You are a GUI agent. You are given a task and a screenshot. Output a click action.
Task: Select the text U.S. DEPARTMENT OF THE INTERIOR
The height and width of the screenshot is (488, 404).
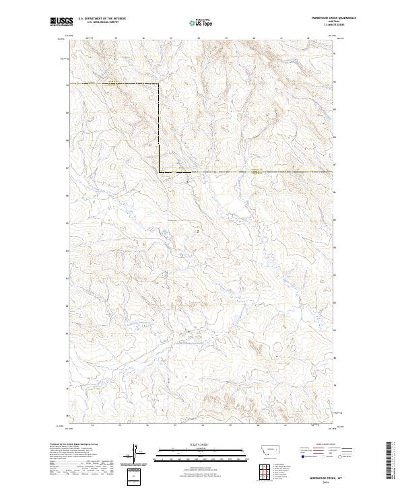[102, 19]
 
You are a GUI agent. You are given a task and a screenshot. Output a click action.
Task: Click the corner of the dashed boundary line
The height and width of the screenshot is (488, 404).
[159, 173]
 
